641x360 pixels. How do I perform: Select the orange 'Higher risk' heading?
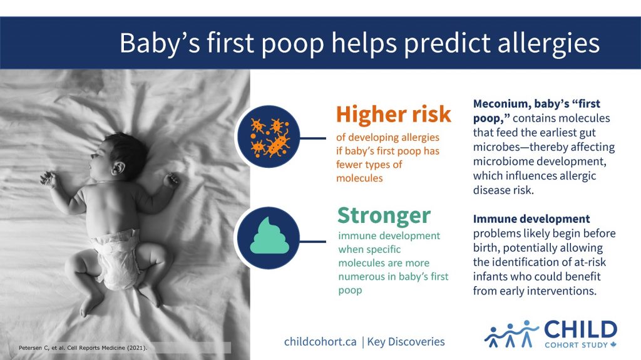pos(393,114)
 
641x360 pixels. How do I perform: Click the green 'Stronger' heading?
pos(384,215)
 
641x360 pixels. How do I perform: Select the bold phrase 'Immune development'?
pos(531,219)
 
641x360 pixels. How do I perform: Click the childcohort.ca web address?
pos(320,341)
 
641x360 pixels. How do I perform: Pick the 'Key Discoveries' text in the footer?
pos(406,341)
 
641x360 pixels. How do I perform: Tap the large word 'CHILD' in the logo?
pos(580,329)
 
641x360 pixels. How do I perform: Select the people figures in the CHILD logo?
pos(511,334)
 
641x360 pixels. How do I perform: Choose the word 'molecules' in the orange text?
pos(360,178)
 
